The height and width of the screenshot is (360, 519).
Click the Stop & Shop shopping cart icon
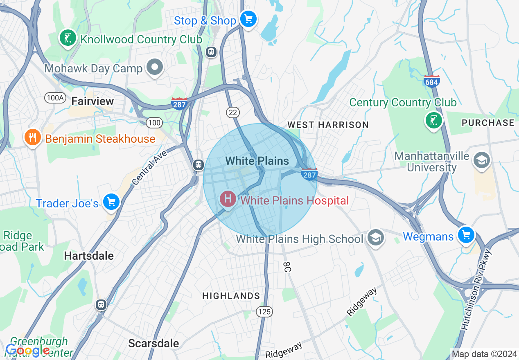[248, 19]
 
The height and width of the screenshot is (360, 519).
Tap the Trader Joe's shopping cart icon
[111, 202]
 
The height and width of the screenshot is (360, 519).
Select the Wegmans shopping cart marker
[466, 235]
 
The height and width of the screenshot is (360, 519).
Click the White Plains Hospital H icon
[228, 199]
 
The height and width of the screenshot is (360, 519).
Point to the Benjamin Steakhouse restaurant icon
[32, 137]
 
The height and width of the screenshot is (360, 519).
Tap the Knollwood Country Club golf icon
[68, 38]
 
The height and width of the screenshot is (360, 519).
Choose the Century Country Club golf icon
[433, 120]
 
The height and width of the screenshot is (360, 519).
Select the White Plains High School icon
[375, 238]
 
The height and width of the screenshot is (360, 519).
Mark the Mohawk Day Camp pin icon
[155, 67]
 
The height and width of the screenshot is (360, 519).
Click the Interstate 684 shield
[431, 81]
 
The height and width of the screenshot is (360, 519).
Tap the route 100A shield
[55, 97]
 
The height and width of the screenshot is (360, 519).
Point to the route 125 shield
[264, 312]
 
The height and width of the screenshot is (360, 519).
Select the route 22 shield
[232, 112]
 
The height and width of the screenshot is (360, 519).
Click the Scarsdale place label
[153, 343]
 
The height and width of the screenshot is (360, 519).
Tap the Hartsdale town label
[89, 256]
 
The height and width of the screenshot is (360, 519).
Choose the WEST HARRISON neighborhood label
[328, 125]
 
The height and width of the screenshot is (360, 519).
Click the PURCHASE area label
[488, 123]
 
